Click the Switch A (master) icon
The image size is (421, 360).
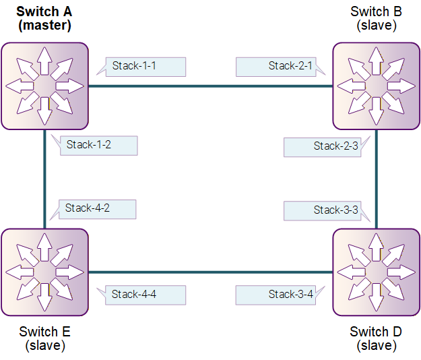pos(45,86)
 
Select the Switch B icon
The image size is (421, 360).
pos(376,86)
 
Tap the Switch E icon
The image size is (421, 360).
pos(45,272)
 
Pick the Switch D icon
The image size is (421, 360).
pos(376,272)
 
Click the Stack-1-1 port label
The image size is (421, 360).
pos(145,67)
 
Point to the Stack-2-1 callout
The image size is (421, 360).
pos(276,67)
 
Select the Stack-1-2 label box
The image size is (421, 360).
pos(99,146)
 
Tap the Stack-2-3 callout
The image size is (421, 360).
pos(323,147)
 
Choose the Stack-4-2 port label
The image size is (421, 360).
pos(97,209)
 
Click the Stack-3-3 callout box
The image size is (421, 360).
pos(323,211)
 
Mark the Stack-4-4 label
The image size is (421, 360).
pos(145,295)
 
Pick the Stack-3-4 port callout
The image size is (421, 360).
pos(276,295)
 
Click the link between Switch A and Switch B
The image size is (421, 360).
pos(210,86)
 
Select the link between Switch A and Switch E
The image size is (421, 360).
pos(44,179)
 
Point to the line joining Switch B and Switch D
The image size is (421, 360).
pos(377,179)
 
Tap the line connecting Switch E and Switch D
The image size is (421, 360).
pos(210,272)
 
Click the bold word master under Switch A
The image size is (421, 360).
pos(45,25)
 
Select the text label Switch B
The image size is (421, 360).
pos(376,11)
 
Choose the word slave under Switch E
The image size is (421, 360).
pos(45,345)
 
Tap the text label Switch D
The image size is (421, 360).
pos(376,332)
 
